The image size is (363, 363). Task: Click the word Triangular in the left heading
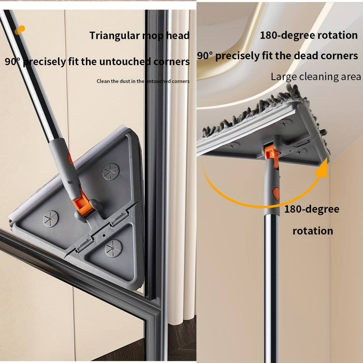114,36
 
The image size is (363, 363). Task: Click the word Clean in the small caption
103,81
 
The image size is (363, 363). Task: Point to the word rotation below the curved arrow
313,231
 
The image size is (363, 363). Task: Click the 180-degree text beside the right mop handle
312,209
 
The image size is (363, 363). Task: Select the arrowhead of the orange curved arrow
321,169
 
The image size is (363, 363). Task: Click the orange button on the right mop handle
276,192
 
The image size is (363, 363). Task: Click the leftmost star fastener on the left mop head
51,218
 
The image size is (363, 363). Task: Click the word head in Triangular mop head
178,36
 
